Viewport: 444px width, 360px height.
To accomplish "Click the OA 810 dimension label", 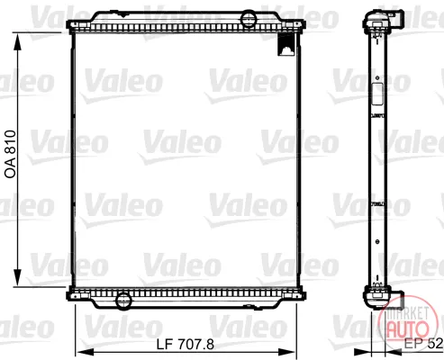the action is [x=10, y=155].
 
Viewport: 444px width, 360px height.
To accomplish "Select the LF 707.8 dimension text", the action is [x=186, y=345].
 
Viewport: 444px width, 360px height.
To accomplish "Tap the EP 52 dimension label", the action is [x=423, y=344].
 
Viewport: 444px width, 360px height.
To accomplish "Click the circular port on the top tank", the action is [x=249, y=19].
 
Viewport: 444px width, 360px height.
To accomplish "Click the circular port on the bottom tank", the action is [x=123, y=301].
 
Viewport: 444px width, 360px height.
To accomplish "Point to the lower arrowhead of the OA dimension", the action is [x=18, y=277].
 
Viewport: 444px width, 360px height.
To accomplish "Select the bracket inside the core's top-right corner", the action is [x=286, y=44].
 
